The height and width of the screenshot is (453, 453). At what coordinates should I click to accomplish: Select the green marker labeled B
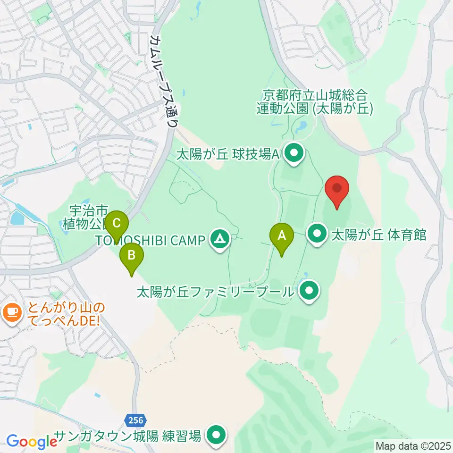[x=132, y=257]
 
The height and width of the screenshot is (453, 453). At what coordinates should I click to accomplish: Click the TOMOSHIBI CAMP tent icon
[x=219, y=240]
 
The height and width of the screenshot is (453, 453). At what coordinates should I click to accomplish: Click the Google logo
[x=32, y=442]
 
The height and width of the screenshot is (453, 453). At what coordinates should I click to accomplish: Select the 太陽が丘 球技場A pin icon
[x=295, y=154]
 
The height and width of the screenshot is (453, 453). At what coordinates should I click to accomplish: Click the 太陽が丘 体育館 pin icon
[x=318, y=234]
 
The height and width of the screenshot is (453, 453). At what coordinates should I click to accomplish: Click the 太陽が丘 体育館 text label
[x=379, y=234]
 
